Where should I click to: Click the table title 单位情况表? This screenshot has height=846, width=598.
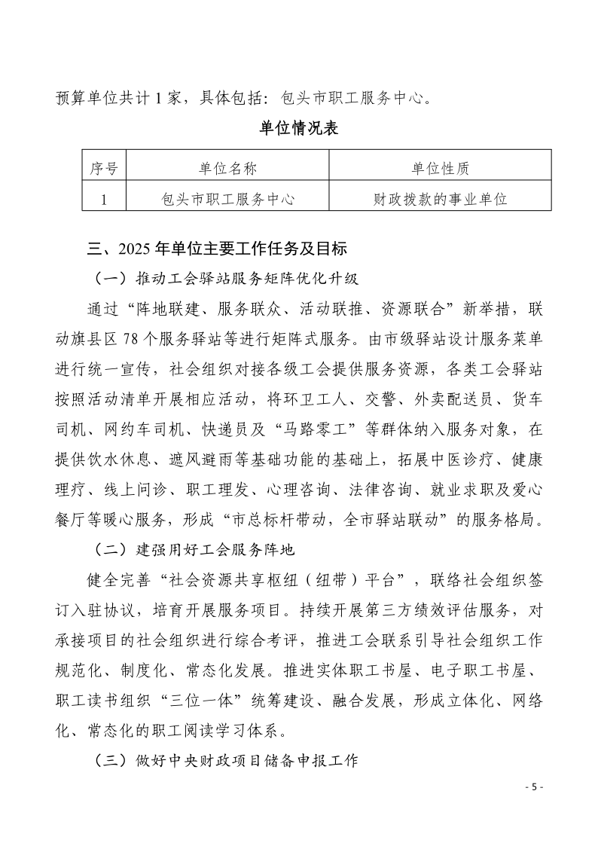tap(299, 128)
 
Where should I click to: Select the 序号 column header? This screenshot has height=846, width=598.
tap(103, 168)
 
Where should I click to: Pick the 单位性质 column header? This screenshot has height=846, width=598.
tap(440, 168)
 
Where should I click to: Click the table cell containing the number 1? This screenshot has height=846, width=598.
tap(103, 199)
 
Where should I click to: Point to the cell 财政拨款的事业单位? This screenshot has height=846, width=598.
tap(440, 199)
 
